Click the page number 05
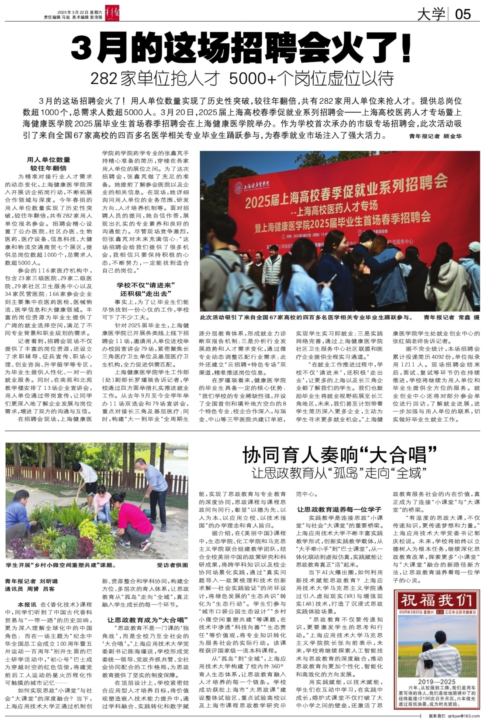point(463,14)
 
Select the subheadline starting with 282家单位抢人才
point(242,79)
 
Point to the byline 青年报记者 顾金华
point(435,136)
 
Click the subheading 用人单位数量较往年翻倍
point(48,164)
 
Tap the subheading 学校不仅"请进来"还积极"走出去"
point(146,289)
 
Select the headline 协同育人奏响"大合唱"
point(339,455)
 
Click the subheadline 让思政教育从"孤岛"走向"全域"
point(339,473)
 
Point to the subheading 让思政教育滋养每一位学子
point(339,509)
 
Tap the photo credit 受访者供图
point(172,565)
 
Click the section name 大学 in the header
point(431,14)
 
